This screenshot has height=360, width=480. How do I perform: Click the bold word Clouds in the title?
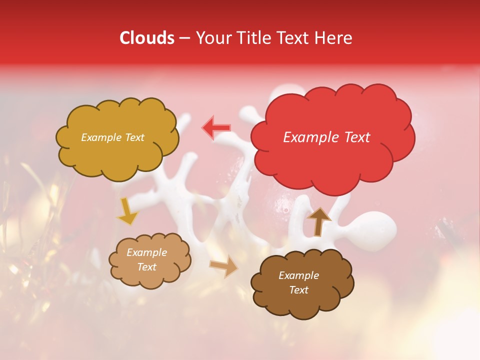[x=146, y=38]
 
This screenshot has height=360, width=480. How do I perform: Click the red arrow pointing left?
[x=216, y=128]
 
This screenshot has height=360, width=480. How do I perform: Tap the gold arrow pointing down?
[x=127, y=211]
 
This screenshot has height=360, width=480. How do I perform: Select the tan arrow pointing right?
[x=224, y=267]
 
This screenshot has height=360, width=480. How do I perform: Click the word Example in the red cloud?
[x=311, y=137]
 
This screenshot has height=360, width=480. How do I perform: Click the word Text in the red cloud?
[x=355, y=137]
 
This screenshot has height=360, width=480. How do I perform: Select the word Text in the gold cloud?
[x=134, y=137]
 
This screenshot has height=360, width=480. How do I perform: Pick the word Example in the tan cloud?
[x=147, y=252]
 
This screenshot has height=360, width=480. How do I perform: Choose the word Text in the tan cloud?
[x=147, y=267]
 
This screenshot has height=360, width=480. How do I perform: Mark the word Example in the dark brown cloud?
[x=299, y=275]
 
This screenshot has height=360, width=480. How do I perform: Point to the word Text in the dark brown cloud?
[x=299, y=290]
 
